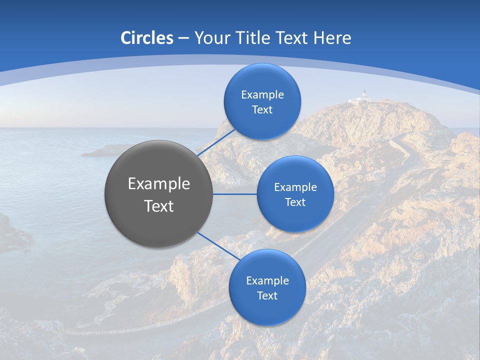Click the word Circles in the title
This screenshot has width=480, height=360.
147,38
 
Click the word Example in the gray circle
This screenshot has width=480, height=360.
158,184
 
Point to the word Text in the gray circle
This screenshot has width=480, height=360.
158,206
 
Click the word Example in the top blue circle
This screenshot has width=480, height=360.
262,95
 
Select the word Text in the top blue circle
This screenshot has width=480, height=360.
262,110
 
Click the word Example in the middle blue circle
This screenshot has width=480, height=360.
295,187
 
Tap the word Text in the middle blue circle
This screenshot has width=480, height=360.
295,202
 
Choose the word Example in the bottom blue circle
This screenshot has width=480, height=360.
267,281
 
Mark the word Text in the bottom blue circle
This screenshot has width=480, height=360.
267,296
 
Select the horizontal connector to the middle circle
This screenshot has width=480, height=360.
235,194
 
